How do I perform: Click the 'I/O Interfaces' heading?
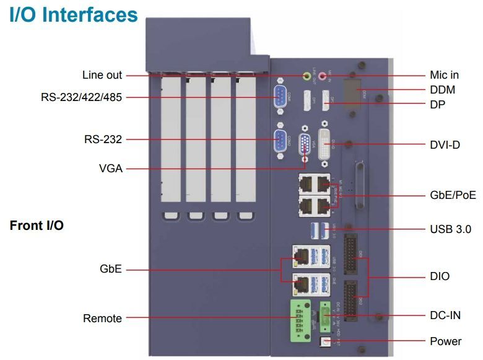(74, 14)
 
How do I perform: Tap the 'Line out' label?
(102, 75)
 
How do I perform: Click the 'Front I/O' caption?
(37, 226)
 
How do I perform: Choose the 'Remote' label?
(102, 318)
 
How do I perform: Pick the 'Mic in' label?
(444, 75)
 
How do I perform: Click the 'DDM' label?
(442, 90)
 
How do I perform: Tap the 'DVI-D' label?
(445, 144)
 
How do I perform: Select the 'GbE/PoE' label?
(453, 195)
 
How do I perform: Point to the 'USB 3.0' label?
(450, 229)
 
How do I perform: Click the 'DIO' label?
(440, 276)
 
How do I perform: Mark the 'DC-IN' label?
(445, 315)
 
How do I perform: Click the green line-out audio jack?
(306, 76)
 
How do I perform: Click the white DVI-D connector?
(327, 145)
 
